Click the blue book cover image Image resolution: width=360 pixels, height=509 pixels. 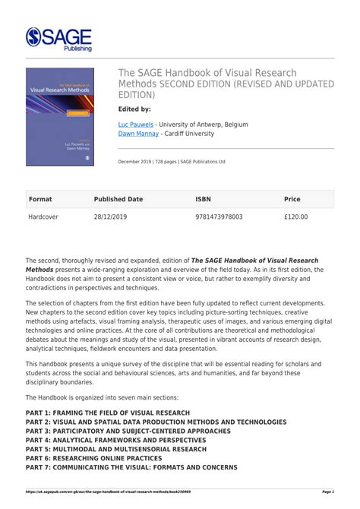pyautogui.click(x=60, y=117)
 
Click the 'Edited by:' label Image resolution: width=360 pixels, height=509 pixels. pyautogui.click(x=135, y=109)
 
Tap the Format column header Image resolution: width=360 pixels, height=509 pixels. pyautogui.click(x=40, y=199)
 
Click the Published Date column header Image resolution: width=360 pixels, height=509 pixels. pyautogui.click(x=118, y=199)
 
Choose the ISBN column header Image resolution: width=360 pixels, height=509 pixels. pyautogui.click(x=203, y=199)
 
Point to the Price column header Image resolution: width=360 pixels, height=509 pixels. pyautogui.click(x=292, y=199)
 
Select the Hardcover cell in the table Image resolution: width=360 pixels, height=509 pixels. pyautogui.click(x=43, y=217)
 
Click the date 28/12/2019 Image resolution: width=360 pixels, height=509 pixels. pyautogui.click(x=112, y=217)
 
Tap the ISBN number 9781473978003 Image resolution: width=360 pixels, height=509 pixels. pyautogui.click(x=219, y=217)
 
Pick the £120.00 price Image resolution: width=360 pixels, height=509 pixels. pyautogui.click(x=296, y=217)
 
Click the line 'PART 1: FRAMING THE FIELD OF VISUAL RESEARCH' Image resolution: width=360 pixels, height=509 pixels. pyautogui.click(x=107, y=413)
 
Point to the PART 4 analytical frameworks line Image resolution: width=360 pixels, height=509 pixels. pyautogui.click(x=118, y=440)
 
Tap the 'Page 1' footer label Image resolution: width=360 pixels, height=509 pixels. pyautogui.click(x=328, y=492)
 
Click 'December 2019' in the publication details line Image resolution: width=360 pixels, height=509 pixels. pyautogui.click(x=134, y=161)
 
